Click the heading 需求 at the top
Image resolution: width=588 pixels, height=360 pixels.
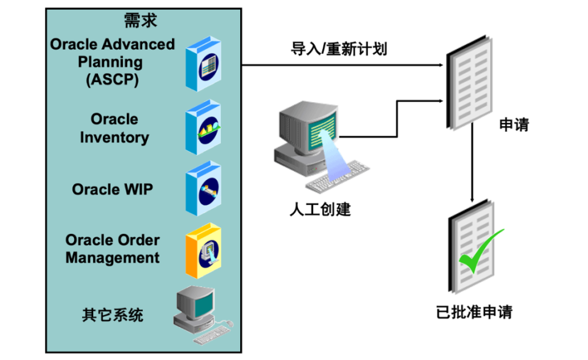[x=141, y=21]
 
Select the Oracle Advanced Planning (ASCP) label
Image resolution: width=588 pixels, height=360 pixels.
[x=113, y=62]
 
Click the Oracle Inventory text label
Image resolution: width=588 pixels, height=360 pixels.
[x=115, y=128]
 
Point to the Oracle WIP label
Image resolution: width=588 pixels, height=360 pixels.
[x=113, y=189]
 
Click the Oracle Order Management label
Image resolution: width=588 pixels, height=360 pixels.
[x=113, y=249]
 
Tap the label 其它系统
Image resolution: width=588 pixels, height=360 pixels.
[x=113, y=315]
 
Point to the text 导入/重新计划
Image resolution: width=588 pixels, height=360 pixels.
[x=339, y=49]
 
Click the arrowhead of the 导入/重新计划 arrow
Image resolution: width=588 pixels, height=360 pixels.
[x=440, y=65]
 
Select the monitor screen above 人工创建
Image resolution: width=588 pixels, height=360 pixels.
[x=318, y=128]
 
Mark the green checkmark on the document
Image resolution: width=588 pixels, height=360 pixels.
[x=479, y=252]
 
